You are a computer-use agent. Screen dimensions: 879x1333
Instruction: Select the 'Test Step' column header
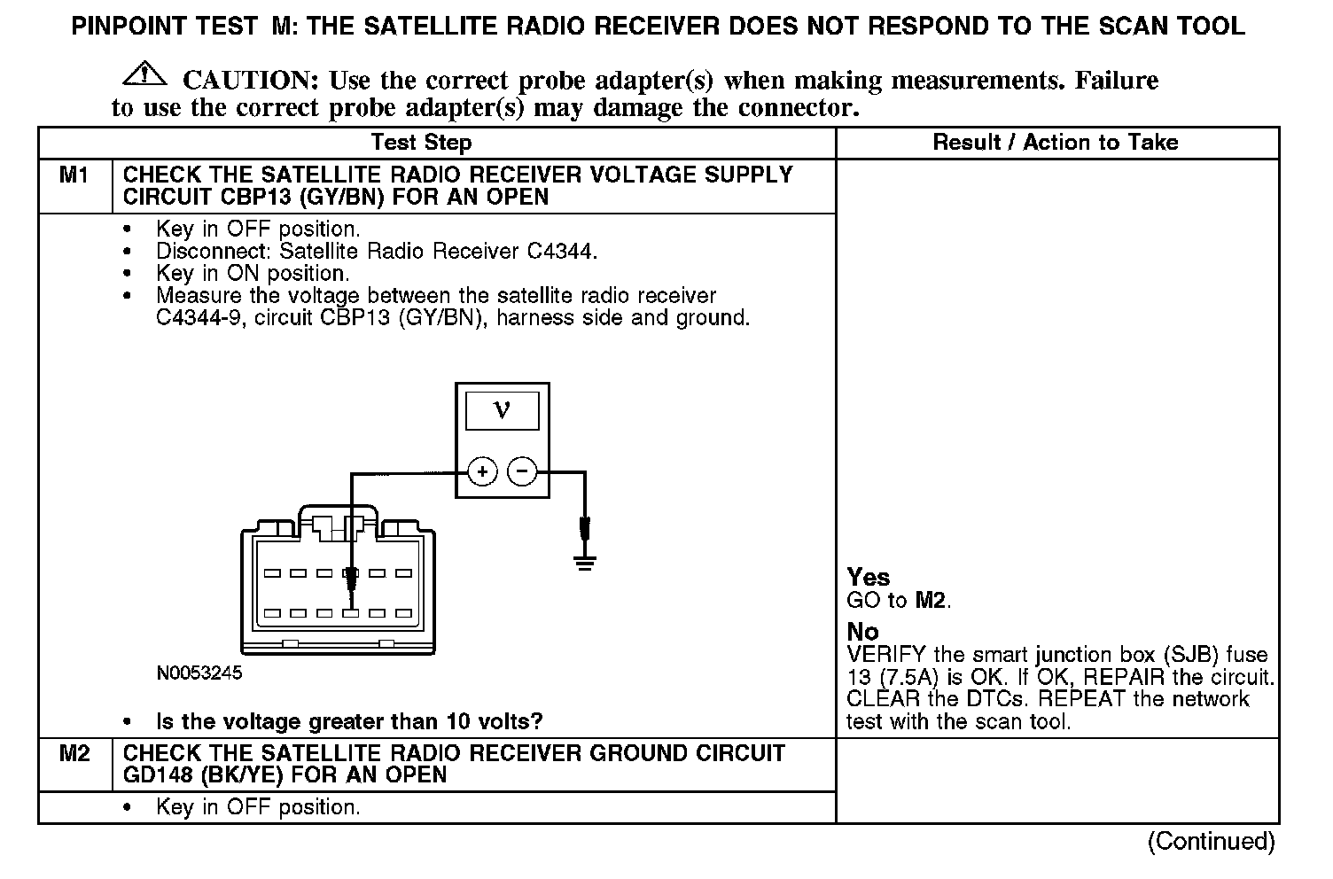[x=421, y=143]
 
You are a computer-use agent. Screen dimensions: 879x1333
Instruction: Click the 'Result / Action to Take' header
[x=1056, y=143]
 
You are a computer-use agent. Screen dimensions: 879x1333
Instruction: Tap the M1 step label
[x=74, y=175]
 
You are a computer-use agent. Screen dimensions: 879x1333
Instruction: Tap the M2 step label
[x=74, y=754]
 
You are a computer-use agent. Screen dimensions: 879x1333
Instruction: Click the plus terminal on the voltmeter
[x=482, y=471]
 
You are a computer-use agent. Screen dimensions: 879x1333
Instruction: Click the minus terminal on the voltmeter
[x=522, y=471]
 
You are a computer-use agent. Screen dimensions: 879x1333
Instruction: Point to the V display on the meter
[x=502, y=410]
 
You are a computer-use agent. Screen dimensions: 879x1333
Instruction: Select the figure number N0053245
[x=199, y=673]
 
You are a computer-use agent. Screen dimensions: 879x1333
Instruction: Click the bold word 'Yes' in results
[x=868, y=578]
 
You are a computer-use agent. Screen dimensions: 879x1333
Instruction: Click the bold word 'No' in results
[x=862, y=632]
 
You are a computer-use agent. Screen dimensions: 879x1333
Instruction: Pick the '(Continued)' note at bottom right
[x=1211, y=841]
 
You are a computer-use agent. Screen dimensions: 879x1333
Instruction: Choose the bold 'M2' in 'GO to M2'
[x=932, y=601]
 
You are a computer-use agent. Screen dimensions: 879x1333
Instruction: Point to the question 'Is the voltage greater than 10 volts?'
[x=349, y=721]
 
